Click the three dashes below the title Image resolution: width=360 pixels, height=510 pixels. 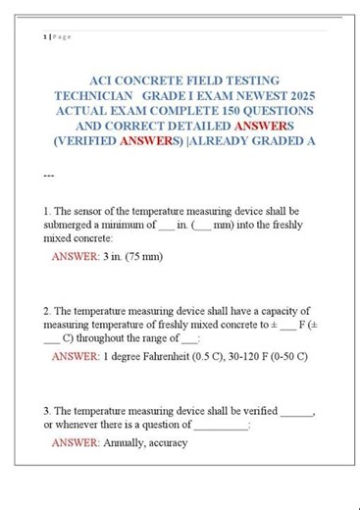49,178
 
